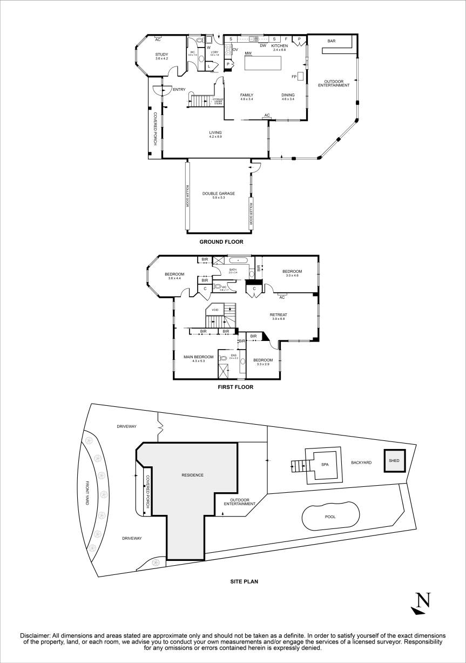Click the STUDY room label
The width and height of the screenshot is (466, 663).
click(161, 54)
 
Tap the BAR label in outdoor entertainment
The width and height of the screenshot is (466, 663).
click(332, 41)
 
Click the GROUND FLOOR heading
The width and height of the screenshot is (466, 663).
click(221, 242)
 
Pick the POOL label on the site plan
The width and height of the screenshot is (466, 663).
click(330, 517)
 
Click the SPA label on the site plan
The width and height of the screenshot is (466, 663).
click(325, 464)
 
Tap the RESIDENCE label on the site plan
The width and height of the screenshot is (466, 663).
click(192, 475)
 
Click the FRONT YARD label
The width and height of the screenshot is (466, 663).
click(86, 493)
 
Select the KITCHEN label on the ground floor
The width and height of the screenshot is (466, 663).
click(280, 46)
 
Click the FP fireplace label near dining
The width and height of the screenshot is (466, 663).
click(294, 76)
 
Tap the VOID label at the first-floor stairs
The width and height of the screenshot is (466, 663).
click(215, 310)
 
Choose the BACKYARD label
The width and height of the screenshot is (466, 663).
click(361, 463)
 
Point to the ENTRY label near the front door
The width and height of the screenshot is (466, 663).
click(179, 90)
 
